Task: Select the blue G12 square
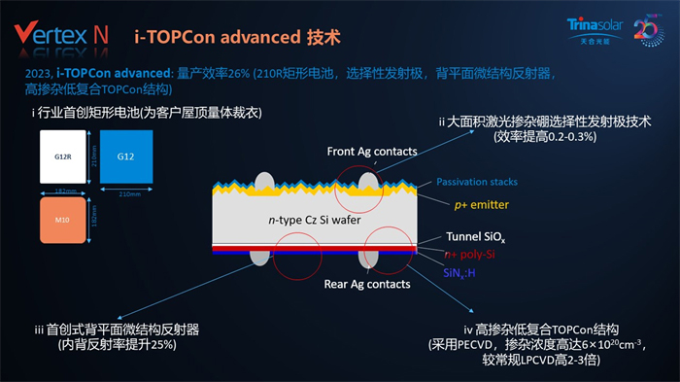coord(124,156)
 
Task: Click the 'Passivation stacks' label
coord(477,182)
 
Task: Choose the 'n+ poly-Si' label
coord(475,255)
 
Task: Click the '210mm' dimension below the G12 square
coord(125,193)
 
